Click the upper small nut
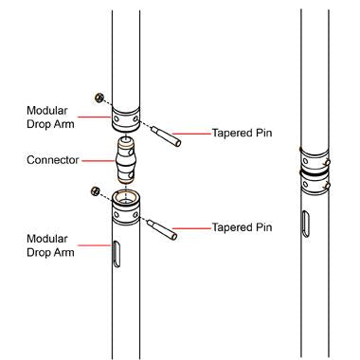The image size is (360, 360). (x=98, y=97)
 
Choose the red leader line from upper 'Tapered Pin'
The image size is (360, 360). (x=193, y=134)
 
